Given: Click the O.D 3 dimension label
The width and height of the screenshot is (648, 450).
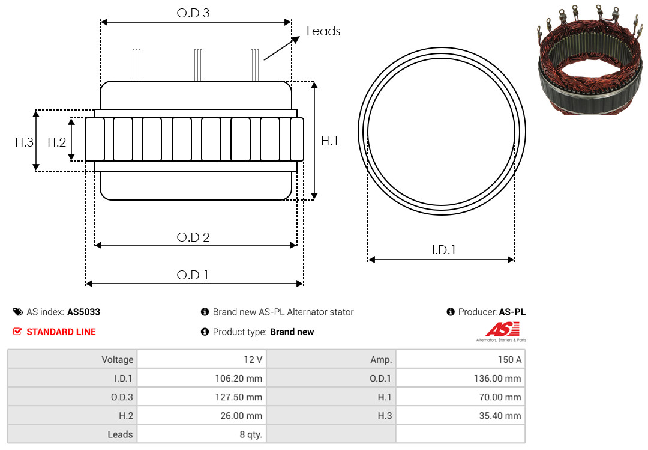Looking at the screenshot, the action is click(x=193, y=13).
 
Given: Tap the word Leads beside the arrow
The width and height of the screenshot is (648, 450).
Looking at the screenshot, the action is click(x=323, y=31).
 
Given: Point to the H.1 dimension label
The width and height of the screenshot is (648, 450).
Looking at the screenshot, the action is click(x=330, y=141).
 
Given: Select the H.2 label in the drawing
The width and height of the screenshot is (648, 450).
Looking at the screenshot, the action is click(x=56, y=142).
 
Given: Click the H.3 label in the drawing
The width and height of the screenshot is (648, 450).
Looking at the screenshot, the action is click(x=25, y=142).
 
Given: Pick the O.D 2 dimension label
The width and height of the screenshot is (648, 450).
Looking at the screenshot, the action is click(x=193, y=237).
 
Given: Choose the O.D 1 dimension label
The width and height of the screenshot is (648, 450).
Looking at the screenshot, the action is click(x=193, y=275).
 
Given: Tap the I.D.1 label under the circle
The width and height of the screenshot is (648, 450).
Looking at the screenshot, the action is click(x=443, y=250).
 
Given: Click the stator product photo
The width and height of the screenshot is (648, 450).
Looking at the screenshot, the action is click(x=590, y=59).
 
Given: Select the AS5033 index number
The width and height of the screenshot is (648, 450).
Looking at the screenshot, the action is click(x=83, y=312).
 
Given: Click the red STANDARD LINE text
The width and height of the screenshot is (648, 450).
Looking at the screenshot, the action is click(x=61, y=332).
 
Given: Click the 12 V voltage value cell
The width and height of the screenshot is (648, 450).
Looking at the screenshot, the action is click(x=202, y=359).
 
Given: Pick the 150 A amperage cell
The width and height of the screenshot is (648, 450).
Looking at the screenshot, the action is click(x=460, y=359).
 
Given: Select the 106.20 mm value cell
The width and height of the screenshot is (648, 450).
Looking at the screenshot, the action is click(x=202, y=378).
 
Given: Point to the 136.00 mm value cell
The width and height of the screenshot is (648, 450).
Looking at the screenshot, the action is click(x=460, y=378).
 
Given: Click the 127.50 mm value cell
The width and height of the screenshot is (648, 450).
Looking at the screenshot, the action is click(x=202, y=397).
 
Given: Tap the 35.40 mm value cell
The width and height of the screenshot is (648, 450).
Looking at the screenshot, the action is click(x=460, y=415).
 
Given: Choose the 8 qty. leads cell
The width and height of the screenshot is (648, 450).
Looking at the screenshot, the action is click(x=202, y=434).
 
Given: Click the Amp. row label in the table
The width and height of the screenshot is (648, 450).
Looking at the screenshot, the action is click(x=381, y=360).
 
